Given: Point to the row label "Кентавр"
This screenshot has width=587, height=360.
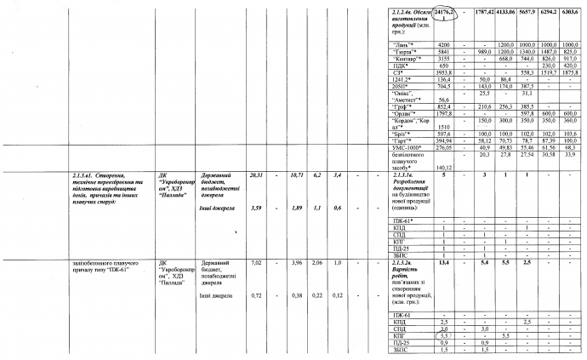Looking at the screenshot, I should (402, 58).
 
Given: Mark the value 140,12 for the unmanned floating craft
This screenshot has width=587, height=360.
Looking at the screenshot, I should (444, 167).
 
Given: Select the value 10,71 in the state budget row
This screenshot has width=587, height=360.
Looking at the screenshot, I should (297, 174).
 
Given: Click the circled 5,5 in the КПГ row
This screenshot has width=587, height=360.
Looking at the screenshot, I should (443, 337).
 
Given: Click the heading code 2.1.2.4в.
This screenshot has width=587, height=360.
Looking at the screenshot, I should (396, 9).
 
